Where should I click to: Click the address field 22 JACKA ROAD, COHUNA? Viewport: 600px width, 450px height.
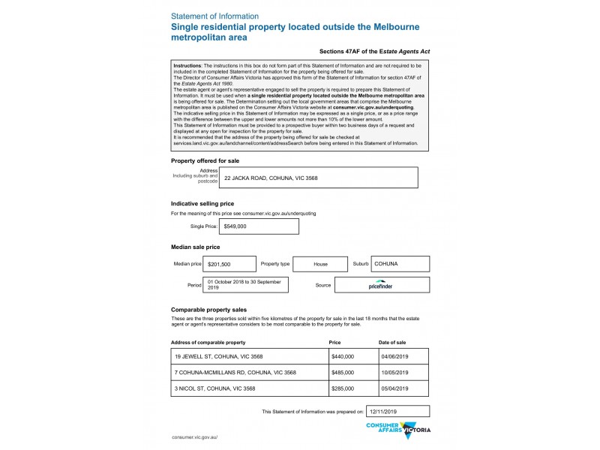(319, 177)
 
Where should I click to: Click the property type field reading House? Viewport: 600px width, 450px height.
(320, 264)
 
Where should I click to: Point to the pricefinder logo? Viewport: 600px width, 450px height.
(382, 285)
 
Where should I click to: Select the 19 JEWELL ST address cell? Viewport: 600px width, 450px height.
(249, 356)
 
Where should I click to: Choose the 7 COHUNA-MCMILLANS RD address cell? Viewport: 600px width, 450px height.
(249, 373)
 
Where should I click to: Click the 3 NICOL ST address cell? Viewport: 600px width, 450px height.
(249, 388)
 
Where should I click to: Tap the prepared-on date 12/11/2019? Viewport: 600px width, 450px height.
(397, 411)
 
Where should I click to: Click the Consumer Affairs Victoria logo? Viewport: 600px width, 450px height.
(397, 430)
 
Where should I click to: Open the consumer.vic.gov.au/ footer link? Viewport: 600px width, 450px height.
(194, 436)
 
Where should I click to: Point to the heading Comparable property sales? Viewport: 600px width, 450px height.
(208, 310)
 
